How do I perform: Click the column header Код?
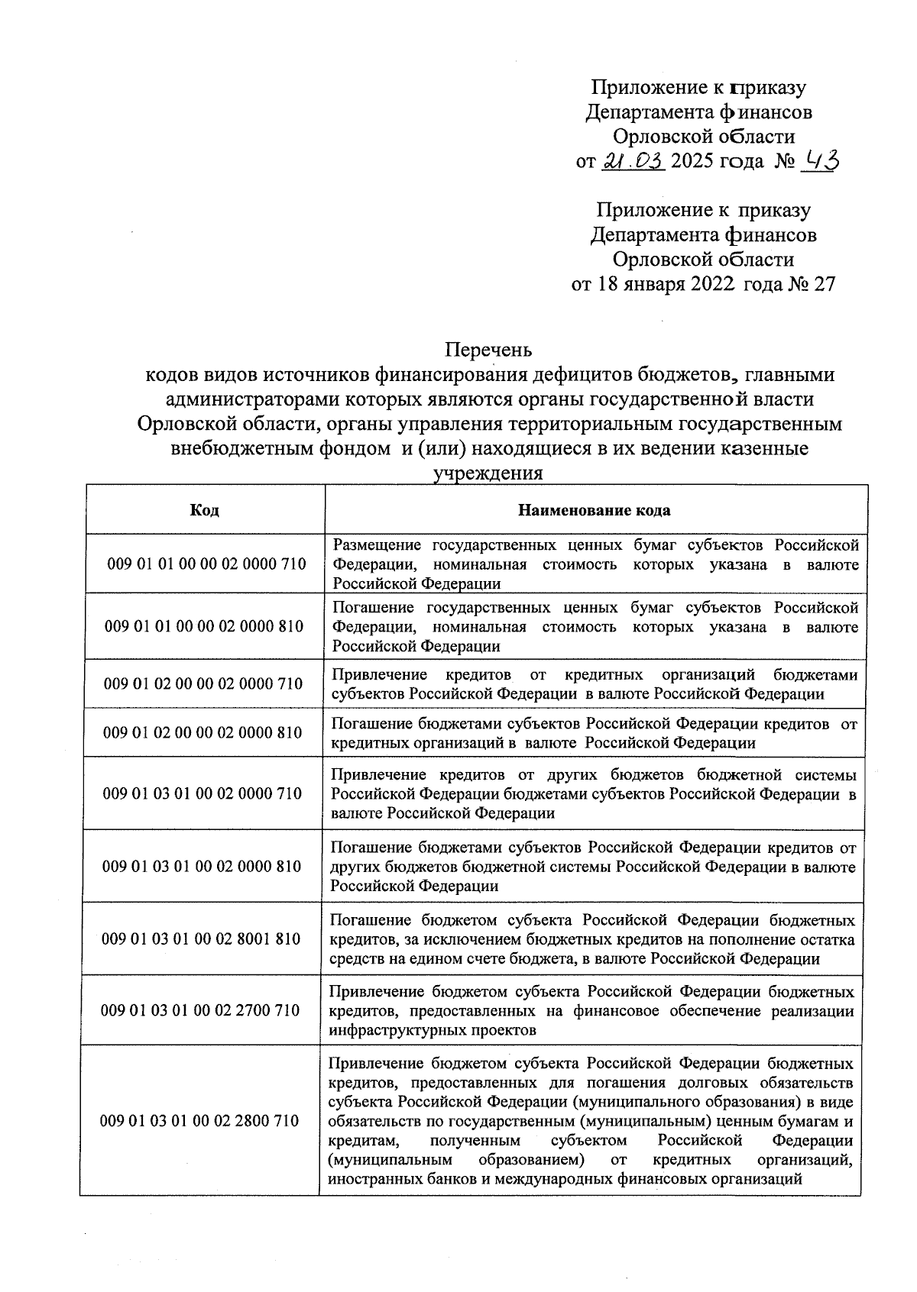click(204, 510)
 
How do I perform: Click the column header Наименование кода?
click(595, 510)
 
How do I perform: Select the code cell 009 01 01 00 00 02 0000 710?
click(206, 564)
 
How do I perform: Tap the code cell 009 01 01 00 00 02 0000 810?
click(205, 626)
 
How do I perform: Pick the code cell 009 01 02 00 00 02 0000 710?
click(204, 683)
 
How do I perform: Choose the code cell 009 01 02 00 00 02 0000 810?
click(203, 732)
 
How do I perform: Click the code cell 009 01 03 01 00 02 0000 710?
click(203, 793)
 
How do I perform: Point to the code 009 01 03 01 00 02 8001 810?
click(201, 938)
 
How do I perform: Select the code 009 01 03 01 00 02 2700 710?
click(200, 1010)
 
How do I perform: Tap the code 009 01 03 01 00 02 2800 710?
click(199, 1121)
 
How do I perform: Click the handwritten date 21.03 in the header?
click(634, 161)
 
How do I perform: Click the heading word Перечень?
click(489, 350)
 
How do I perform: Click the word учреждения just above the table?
click(488, 473)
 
